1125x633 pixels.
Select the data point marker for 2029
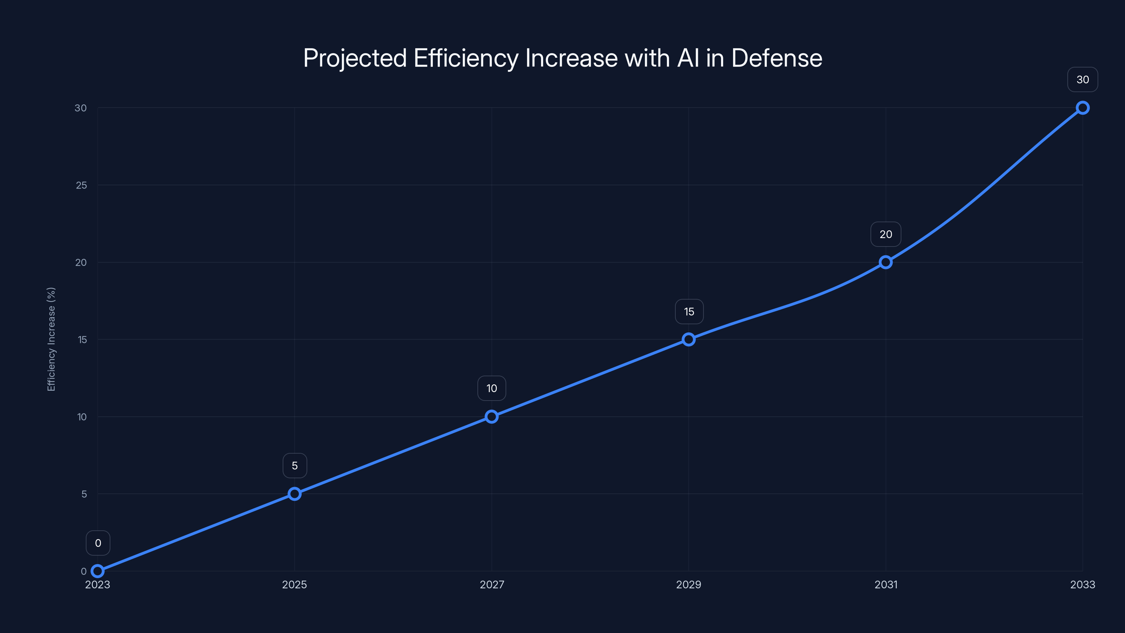tap(689, 339)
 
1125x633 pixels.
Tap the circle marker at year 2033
tap(1083, 108)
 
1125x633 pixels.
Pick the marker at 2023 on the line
tap(97, 571)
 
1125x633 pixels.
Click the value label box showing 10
tap(492, 388)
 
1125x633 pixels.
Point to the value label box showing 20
tap(886, 234)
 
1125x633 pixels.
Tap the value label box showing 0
tap(98, 543)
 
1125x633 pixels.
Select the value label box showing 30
tap(1083, 79)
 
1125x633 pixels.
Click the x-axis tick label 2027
tap(492, 584)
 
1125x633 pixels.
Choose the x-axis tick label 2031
tap(886, 584)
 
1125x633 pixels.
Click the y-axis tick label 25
tap(81, 185)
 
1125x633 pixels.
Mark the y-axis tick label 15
tap(82, 339)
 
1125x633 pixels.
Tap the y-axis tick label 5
tap(84, 494)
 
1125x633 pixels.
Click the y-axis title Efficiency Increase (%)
tap(51, 339)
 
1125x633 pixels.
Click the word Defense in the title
tap(777, 58)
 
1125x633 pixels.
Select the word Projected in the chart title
tap(355, 58)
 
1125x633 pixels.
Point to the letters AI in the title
tap(688, 58)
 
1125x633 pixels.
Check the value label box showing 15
tap(689, 312)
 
